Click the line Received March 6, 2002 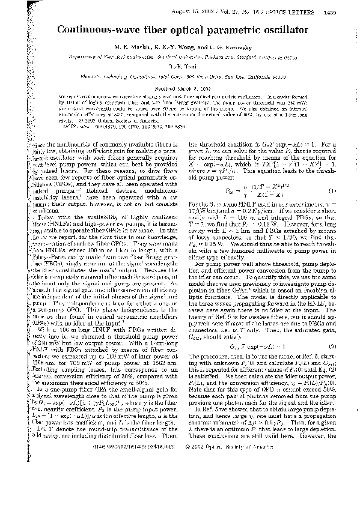tap(180, 87)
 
